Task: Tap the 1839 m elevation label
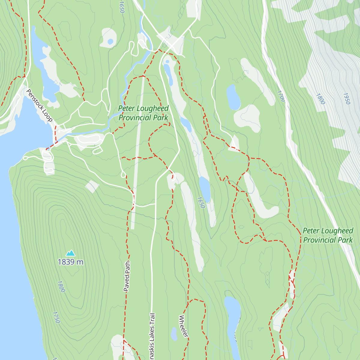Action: click(x=70, y=262)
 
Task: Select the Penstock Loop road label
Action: click(x=39, y=105)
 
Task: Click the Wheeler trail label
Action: click(x=184, y=326)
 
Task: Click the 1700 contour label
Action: click(x=281, y=96)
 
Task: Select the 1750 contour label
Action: click(x=56, y=317)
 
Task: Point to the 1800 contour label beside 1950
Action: click(x=320, y=99)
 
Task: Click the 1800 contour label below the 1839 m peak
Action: click(x=61, y=286)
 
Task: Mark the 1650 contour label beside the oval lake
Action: click(x=201, y=202)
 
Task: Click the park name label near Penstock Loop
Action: click(x=143, y=113)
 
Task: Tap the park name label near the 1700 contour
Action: click(x=328, y=235)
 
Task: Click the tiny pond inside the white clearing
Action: click(x=110, y=41)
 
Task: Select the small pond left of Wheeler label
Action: click(x=174, y=334)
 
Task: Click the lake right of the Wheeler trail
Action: click(x=232, y=318)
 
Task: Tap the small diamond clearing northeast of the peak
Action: click(x=92, y=187)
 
